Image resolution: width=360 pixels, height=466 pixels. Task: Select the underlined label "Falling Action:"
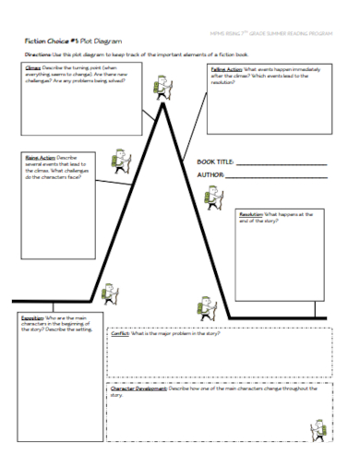coord(226,69)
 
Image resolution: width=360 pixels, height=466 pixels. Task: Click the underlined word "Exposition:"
coord(31,317)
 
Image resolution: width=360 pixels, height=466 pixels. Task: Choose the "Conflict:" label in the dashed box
coord(123,334)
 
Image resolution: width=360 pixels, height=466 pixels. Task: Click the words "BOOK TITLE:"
coord(216,161)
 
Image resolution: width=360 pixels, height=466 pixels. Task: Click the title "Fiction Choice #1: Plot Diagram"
coord(73,42)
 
